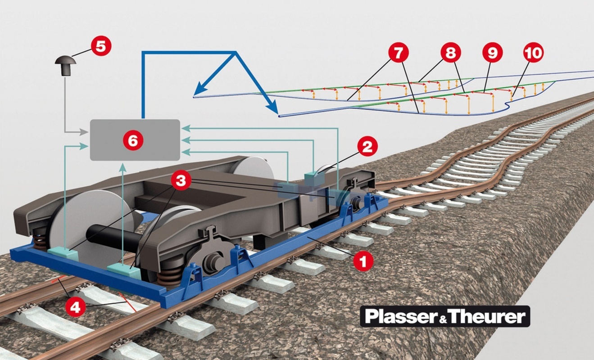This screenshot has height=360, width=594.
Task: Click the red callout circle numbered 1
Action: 363,260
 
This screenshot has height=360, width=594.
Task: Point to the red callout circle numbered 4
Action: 75,307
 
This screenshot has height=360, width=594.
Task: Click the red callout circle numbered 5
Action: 100,46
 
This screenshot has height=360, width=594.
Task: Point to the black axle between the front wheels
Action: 108,236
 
